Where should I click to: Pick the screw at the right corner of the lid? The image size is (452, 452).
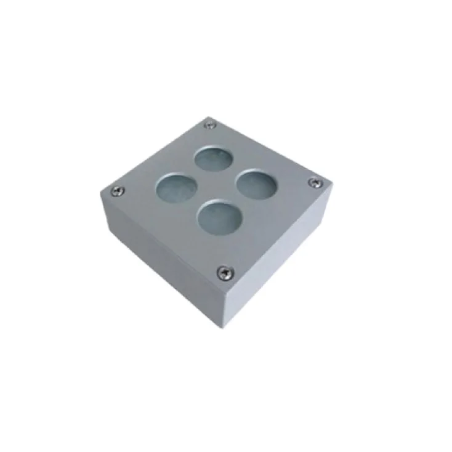[315, 182]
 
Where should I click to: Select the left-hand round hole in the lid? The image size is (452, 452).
[174, 188]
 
